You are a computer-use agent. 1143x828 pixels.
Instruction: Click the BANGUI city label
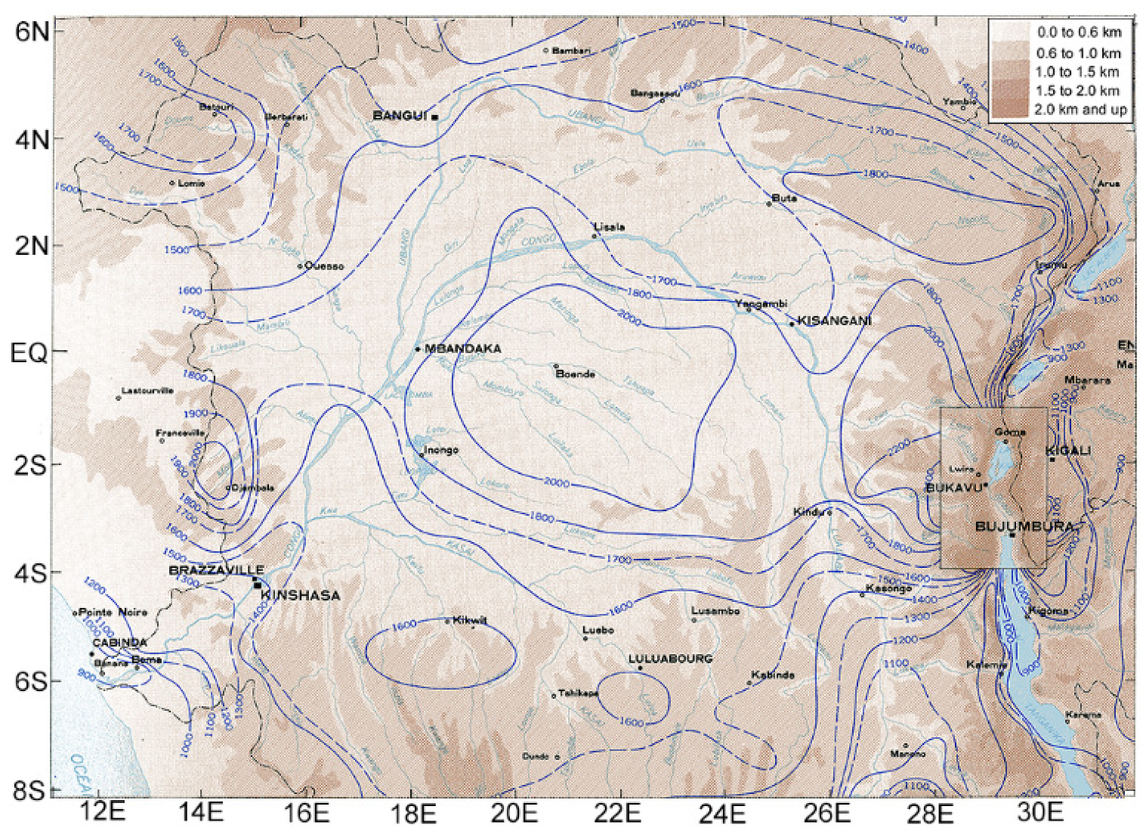click(x=400, y=116)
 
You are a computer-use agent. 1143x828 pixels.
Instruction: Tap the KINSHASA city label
click(x=300, y=596)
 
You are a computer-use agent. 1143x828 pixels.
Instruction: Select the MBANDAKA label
click(x=462, y=349)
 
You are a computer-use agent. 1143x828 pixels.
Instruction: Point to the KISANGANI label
click(x=834, y=321)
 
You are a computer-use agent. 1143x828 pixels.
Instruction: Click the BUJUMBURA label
click(x=1024, y=526)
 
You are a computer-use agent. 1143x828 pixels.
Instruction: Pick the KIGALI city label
click(x=1068, y=451)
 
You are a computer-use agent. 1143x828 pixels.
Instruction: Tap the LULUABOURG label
click(x=670, y=659)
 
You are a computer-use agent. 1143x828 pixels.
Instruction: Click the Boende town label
click(x=575, y=374)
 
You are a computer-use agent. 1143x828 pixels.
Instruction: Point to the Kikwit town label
click(x=469, y=620)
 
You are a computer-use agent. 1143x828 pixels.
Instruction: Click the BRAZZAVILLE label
click(x=216, y=570)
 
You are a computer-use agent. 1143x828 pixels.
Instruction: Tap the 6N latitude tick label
click(x=32, y=32)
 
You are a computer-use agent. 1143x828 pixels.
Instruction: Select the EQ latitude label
click(x=28, y=352)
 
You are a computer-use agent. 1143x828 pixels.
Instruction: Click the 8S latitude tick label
click(x=29, y=790)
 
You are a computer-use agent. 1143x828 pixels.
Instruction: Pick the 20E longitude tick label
click(x=514, y=813)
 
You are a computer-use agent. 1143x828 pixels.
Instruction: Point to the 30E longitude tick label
click(x=1040, y=813)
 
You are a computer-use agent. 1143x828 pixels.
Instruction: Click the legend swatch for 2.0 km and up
click(x=1009, y=110)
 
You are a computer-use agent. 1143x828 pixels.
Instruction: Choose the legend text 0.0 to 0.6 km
click(x=1079, y=32)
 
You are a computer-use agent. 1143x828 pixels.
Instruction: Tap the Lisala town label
click(x=609, y=227)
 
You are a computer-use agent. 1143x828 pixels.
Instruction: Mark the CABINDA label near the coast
click(x=119, y=643)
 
